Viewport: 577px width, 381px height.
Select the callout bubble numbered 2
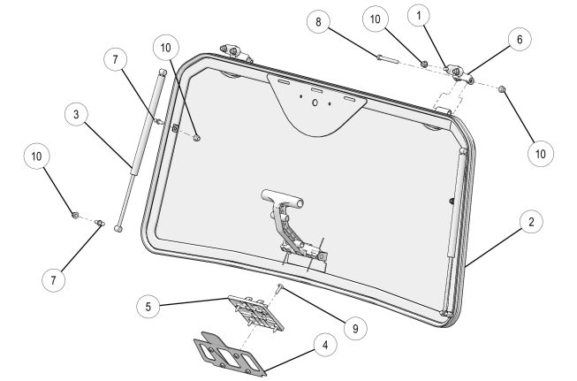[x=530, y=223]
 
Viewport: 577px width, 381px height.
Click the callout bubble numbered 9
[x=354, y=329]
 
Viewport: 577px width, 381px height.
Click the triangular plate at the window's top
[x=315, y=103]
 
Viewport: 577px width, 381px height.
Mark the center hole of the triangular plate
[x=315, y=102]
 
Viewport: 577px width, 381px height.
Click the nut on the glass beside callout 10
[x=196, y=137]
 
